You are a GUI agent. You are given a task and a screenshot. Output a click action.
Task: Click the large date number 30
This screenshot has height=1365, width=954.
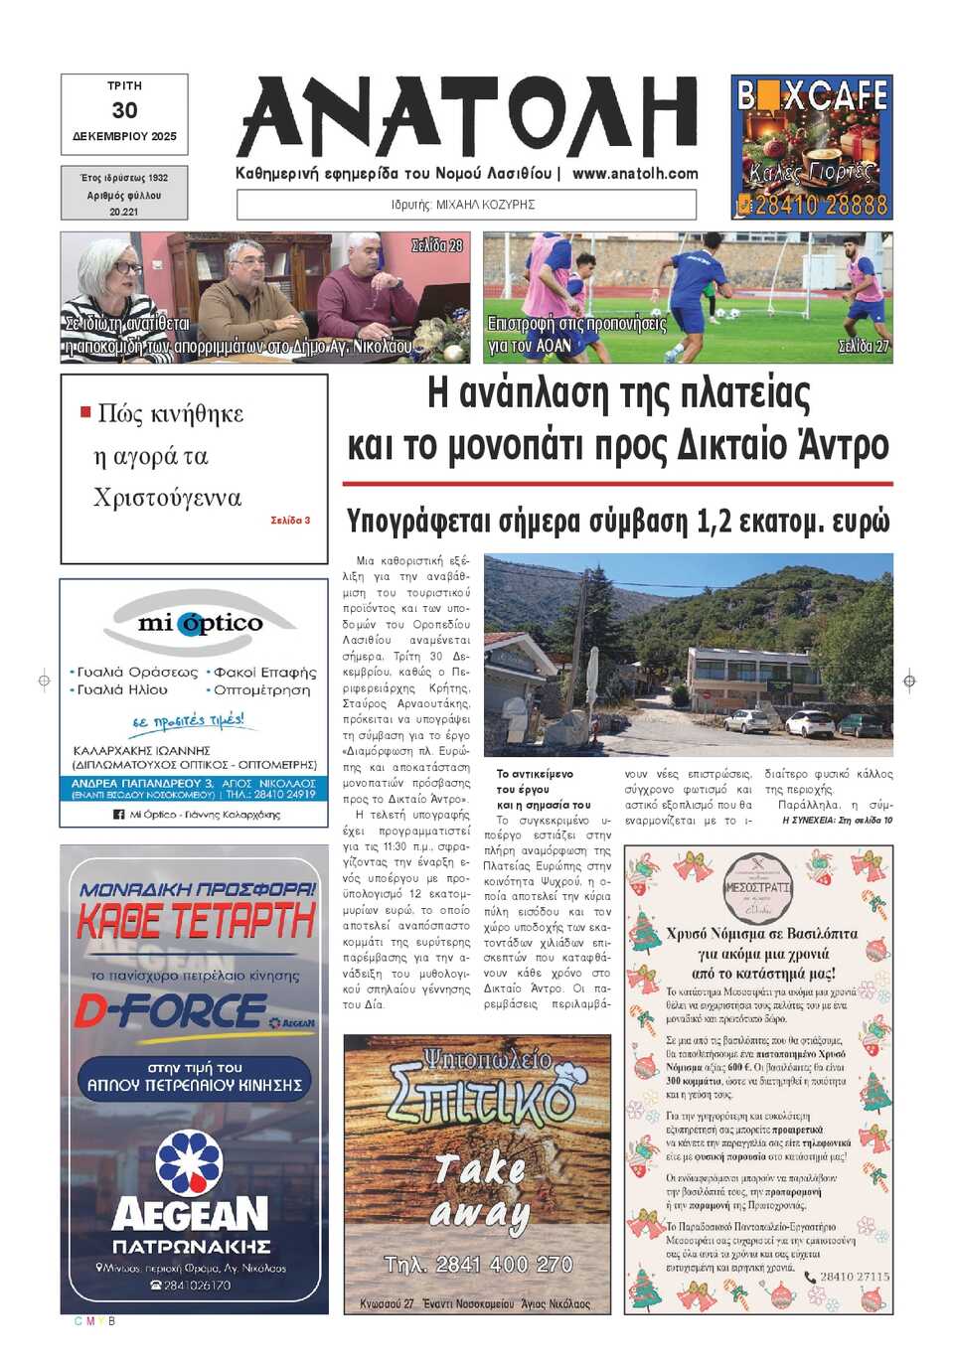pyautogui.click(x=124, y=110)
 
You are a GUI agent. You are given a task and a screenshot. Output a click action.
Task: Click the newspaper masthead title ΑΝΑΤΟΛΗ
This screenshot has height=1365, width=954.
pyautogui.click(x=467, y=117)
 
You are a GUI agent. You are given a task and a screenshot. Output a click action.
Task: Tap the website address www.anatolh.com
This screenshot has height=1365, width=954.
pyautogui.click(x=635, y=173)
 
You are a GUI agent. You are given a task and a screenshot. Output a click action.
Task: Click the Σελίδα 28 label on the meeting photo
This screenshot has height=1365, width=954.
pyautogui.click(x=437, y=245)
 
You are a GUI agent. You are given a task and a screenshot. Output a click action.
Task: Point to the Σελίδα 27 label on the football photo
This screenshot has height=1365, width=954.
pyautogui.click(x=863, y=346)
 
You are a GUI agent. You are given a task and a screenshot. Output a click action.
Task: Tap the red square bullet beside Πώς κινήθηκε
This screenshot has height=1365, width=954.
pyautogui.click(x=85, y=411)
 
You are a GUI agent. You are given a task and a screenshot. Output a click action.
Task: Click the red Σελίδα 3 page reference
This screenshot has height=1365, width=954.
pyautogui.click(x=290, y=520)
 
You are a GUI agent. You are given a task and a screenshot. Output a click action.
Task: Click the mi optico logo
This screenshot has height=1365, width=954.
pyautogui.click(x=200, y=623)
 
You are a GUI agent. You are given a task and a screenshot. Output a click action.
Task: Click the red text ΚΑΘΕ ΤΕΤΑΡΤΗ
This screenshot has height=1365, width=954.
pyautogui.click(x=196, y=922)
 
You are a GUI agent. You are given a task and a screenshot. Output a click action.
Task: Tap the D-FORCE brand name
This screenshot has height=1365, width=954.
pyautogui.click(x=171, y=1011)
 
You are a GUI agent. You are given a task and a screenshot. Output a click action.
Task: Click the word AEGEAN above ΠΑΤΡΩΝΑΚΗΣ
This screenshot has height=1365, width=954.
pyautogui.click(x=190, y=1213)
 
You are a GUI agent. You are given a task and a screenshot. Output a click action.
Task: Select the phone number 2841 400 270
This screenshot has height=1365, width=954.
pyautogui.click(x=478, y=1264)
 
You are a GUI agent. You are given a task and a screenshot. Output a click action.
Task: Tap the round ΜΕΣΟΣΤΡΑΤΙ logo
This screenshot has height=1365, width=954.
pyautogui.click(x=757, y=886)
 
